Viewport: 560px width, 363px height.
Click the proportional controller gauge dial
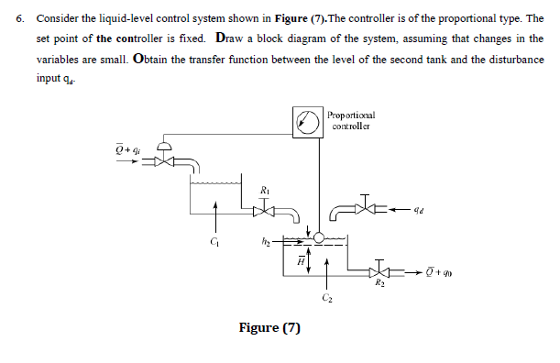pos(306,120)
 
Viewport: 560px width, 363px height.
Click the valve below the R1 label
pos(266,209)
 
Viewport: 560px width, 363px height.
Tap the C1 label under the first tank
pos(214,242)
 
